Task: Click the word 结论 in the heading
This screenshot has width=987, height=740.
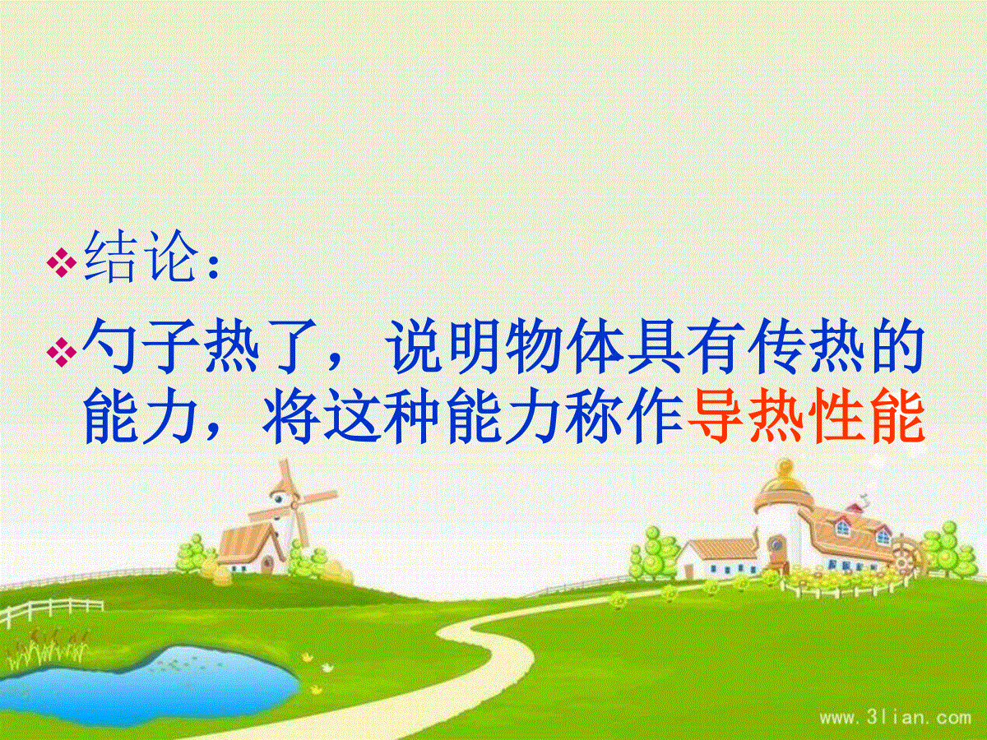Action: pyautogui.click(x=141, y=257)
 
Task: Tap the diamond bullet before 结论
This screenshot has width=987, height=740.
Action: pyautogui.click(x=61, y=263)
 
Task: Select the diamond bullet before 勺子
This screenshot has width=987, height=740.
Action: pyautogui.click(x=61, y=351)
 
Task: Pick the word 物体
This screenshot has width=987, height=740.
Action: pyautogui.click(x=566, y=346)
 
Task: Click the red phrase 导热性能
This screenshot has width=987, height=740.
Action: pyautogui.click(x=805, y=417)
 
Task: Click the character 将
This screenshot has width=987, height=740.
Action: pyautogui.click(x=291, y=417)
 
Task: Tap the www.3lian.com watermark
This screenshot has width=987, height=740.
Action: pyautogui.click(x=895, y=719)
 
